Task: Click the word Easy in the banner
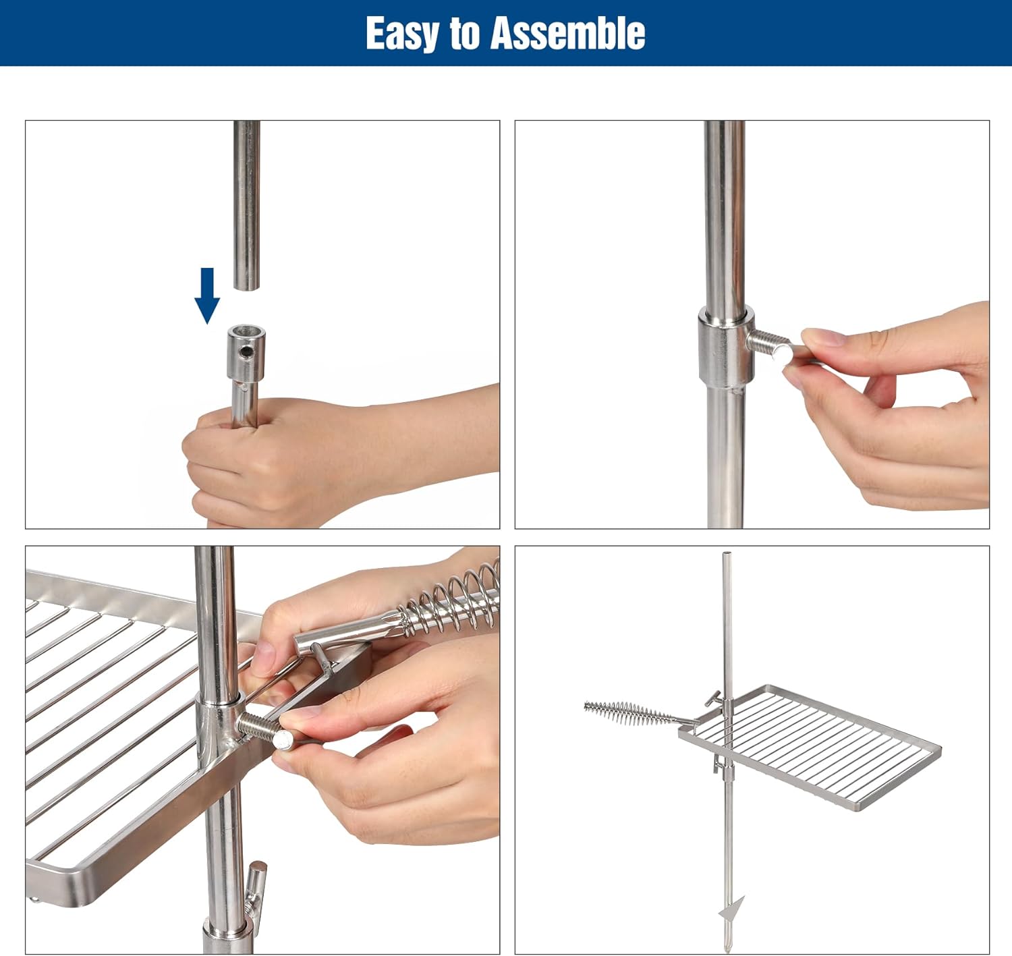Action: tap(403, 34)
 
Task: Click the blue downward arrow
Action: tap(207, 296)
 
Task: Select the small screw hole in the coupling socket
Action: tap(247, 351)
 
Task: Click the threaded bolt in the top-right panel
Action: tap(768, 345)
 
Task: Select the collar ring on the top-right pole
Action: tap(726, 347)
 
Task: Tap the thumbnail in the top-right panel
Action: tap(820, 337)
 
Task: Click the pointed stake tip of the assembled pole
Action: tap(728, 947)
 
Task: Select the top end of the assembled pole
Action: tap(726, 553)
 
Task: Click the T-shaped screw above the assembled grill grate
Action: tap(713, 699)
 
